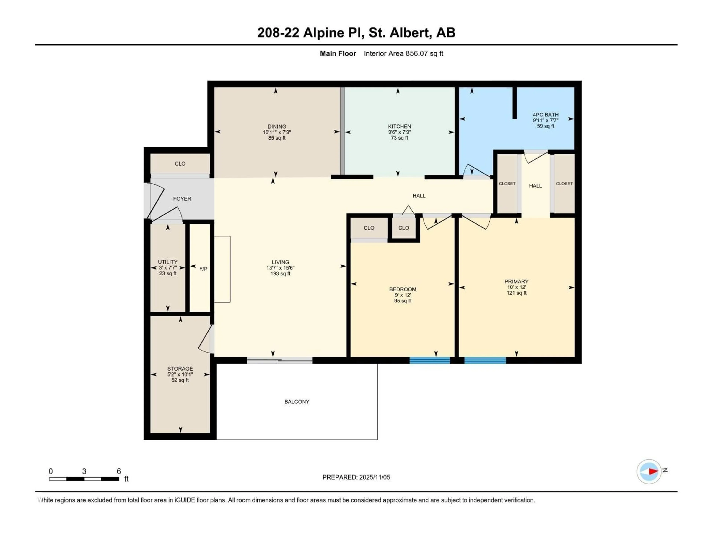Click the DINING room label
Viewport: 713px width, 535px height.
[x=276, y=127]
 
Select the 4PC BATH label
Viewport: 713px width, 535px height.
[x=545, y=114]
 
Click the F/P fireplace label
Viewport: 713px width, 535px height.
[x=203, y=269]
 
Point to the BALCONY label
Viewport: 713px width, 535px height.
[x=297, y=401]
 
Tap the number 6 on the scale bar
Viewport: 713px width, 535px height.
[x=119, y=471]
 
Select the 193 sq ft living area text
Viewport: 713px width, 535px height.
[x=280, y=273]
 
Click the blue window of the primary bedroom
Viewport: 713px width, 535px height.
[x=485, y=360]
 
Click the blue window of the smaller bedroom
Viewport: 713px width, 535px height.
[x=430, y=360]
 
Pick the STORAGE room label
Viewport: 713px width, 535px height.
[x=180, y=368]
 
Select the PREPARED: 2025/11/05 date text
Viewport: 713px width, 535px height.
[x=356, y=477]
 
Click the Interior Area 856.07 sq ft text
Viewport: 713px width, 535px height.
[x=403, y=53]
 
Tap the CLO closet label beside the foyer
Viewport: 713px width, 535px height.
[x=180, y=163]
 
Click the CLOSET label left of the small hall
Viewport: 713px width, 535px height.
[x=507, y=184]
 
